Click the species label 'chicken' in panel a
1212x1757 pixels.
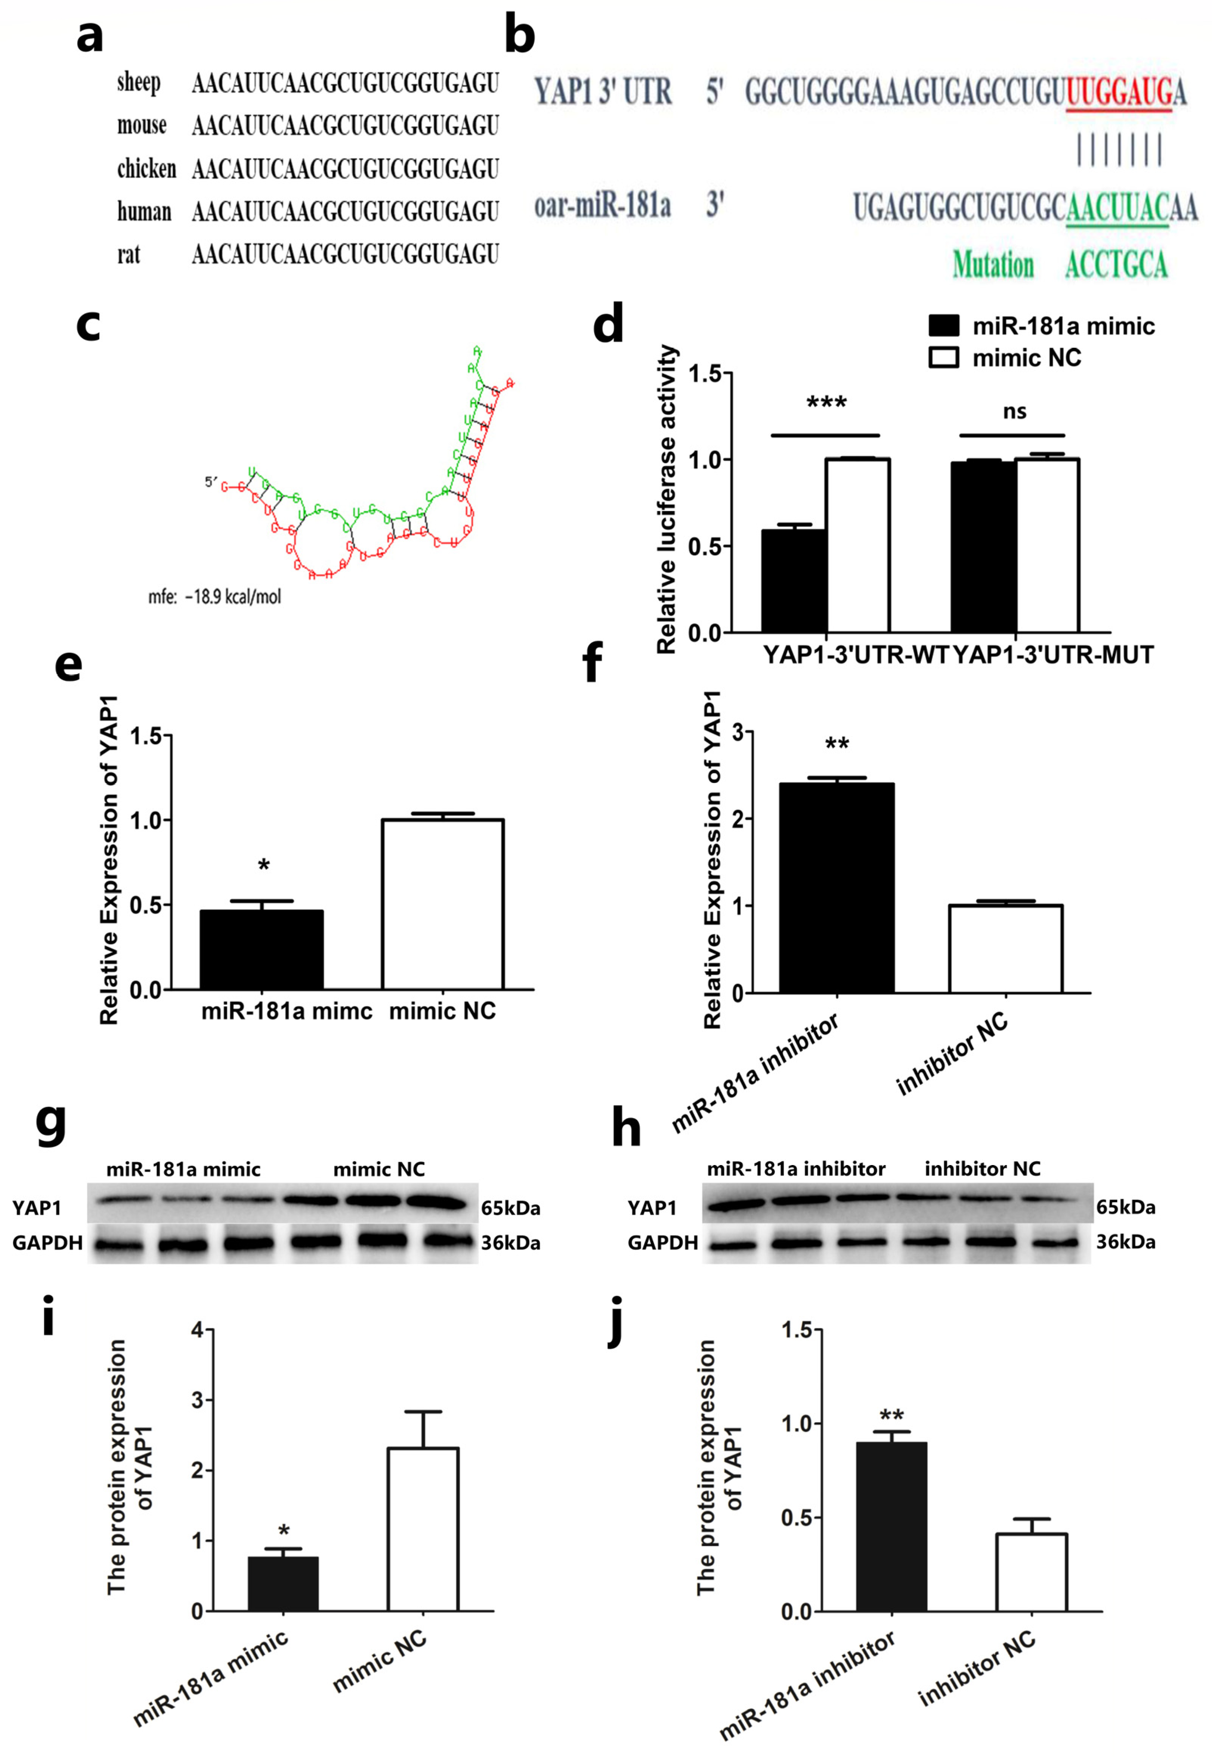[146, 169]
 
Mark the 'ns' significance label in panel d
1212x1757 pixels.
[1014, 412]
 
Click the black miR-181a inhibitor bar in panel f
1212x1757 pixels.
[836, 887]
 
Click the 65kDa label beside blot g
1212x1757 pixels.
[510, 1208]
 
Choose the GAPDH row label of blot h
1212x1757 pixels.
[662, 1243]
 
